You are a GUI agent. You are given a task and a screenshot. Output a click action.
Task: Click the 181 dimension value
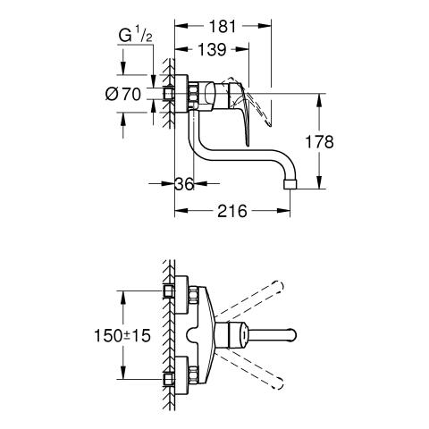pyautogui.click(x=223, y=27)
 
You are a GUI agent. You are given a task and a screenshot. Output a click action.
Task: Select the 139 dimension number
pyautogui.click(x=213, y=49)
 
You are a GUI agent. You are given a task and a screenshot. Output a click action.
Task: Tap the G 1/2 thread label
pyautogui.click(x=136, y=36)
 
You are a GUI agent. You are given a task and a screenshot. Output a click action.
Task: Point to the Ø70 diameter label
pyautogui.click(x=123, y=95)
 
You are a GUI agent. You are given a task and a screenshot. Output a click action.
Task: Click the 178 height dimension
pyautogui.click(x=320, y=142)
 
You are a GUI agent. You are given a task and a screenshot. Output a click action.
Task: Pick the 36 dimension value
pyautogui.click(x=184, y=184)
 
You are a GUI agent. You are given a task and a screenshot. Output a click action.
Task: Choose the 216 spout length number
pyautogui.click(x=232, y=211)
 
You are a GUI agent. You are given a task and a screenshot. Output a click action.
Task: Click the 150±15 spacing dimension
pyautogui.click(x=122, y=336)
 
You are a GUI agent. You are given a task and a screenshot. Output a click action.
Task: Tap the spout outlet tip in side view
pyautogui.click(x=290, y=184)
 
